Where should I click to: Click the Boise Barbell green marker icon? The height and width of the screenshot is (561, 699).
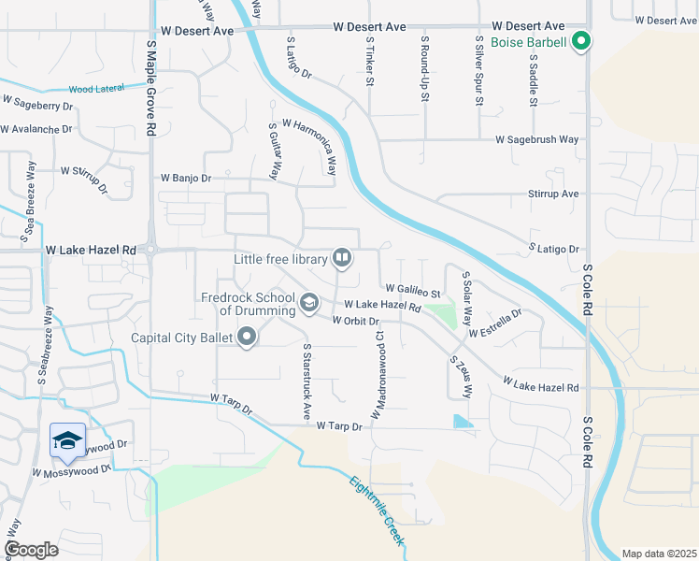(580, 41)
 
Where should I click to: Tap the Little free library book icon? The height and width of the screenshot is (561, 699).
(342, 257)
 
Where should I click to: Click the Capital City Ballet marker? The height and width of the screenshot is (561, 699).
(247, 337)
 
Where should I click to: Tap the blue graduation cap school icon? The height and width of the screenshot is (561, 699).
(67, 439)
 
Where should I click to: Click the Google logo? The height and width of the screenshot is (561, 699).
(31, 549)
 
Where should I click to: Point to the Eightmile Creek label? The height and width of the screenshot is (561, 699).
(378, 512)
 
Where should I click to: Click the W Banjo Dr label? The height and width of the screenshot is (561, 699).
(186, 177)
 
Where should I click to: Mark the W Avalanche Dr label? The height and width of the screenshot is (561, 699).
(37, 129)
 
